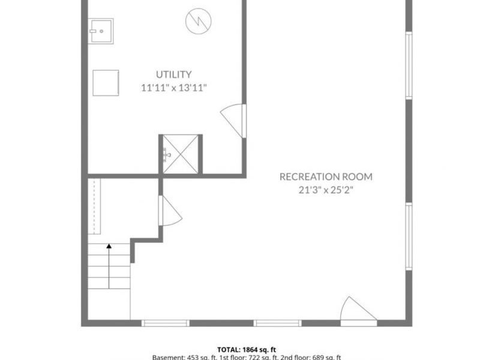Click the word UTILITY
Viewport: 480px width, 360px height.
point(174,74)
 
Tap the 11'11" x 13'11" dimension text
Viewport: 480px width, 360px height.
point(174,88)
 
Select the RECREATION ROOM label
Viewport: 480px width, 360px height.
point(326,176)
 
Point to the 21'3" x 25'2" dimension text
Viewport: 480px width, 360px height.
point(326,190)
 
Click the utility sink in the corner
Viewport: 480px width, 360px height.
point(101,31)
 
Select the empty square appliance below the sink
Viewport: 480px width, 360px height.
point(106,82)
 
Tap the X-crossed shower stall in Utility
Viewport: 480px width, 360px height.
point(180,154)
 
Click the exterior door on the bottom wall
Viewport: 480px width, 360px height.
point(358,310)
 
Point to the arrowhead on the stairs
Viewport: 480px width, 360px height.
point(109,245)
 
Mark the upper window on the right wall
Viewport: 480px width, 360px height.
point(409,65)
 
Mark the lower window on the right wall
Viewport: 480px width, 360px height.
point(409,236)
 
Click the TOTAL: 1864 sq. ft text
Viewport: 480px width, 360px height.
point(246,349)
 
